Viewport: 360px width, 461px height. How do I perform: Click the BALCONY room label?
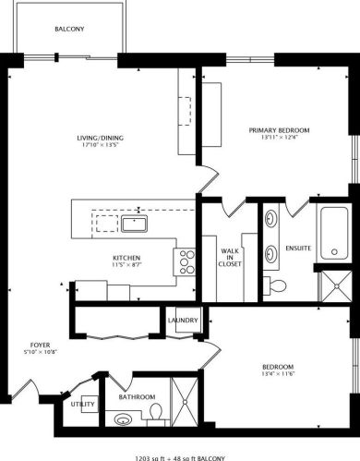70,29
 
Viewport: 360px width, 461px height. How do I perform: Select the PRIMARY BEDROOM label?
279,130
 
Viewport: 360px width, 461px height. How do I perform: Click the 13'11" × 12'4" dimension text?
279,139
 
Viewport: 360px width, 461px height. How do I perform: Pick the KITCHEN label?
126,258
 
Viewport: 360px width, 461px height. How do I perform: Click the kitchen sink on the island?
135,222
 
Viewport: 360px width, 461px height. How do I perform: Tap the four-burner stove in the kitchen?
186,261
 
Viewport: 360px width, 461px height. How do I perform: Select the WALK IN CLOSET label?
230,258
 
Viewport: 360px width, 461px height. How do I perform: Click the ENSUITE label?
297,249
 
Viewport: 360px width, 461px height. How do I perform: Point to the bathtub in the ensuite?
331,231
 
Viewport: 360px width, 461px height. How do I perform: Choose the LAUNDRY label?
183,321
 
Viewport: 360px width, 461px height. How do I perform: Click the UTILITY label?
82,405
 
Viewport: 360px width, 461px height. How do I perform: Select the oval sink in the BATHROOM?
123,419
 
